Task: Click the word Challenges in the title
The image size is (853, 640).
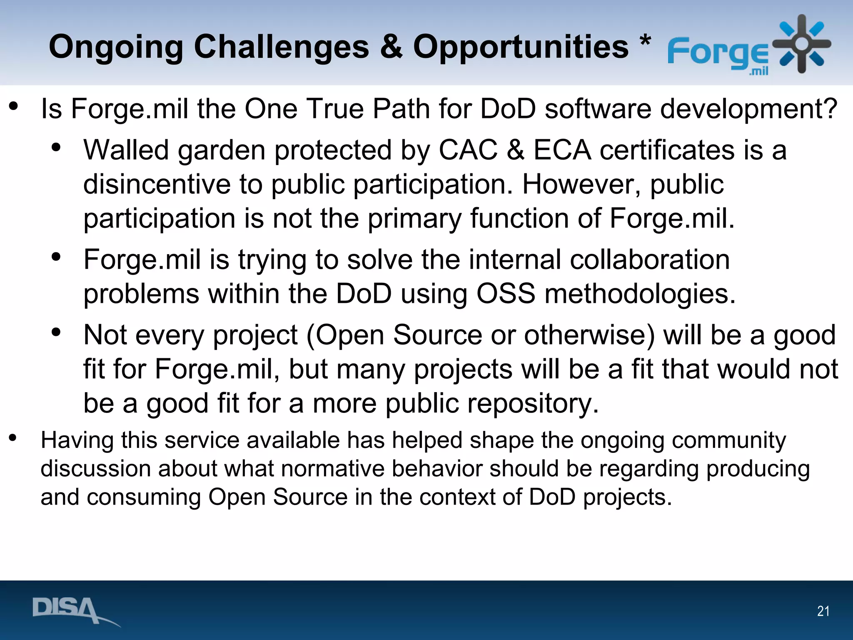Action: (281, 47)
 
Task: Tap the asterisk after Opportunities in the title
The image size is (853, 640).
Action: (645, 42)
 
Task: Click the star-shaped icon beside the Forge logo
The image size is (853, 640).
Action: (801, 44)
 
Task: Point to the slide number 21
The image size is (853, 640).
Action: (823, 611)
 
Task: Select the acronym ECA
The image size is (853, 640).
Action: (562, 150)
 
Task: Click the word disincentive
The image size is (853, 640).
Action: (157, 184)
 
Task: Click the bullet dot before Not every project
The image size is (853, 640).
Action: (56, 332)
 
